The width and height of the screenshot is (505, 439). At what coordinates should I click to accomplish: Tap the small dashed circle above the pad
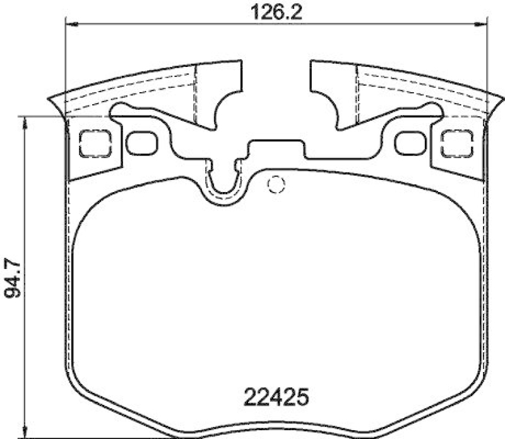click(275, 184)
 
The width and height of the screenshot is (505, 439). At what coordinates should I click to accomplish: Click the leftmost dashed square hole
click(96, 143)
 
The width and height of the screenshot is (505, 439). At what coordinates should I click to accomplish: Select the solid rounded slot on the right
click(408, 143)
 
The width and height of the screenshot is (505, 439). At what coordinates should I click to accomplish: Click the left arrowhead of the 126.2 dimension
click(71, 24)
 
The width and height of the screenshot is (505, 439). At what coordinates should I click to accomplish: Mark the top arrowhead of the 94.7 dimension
click(24, 121)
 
